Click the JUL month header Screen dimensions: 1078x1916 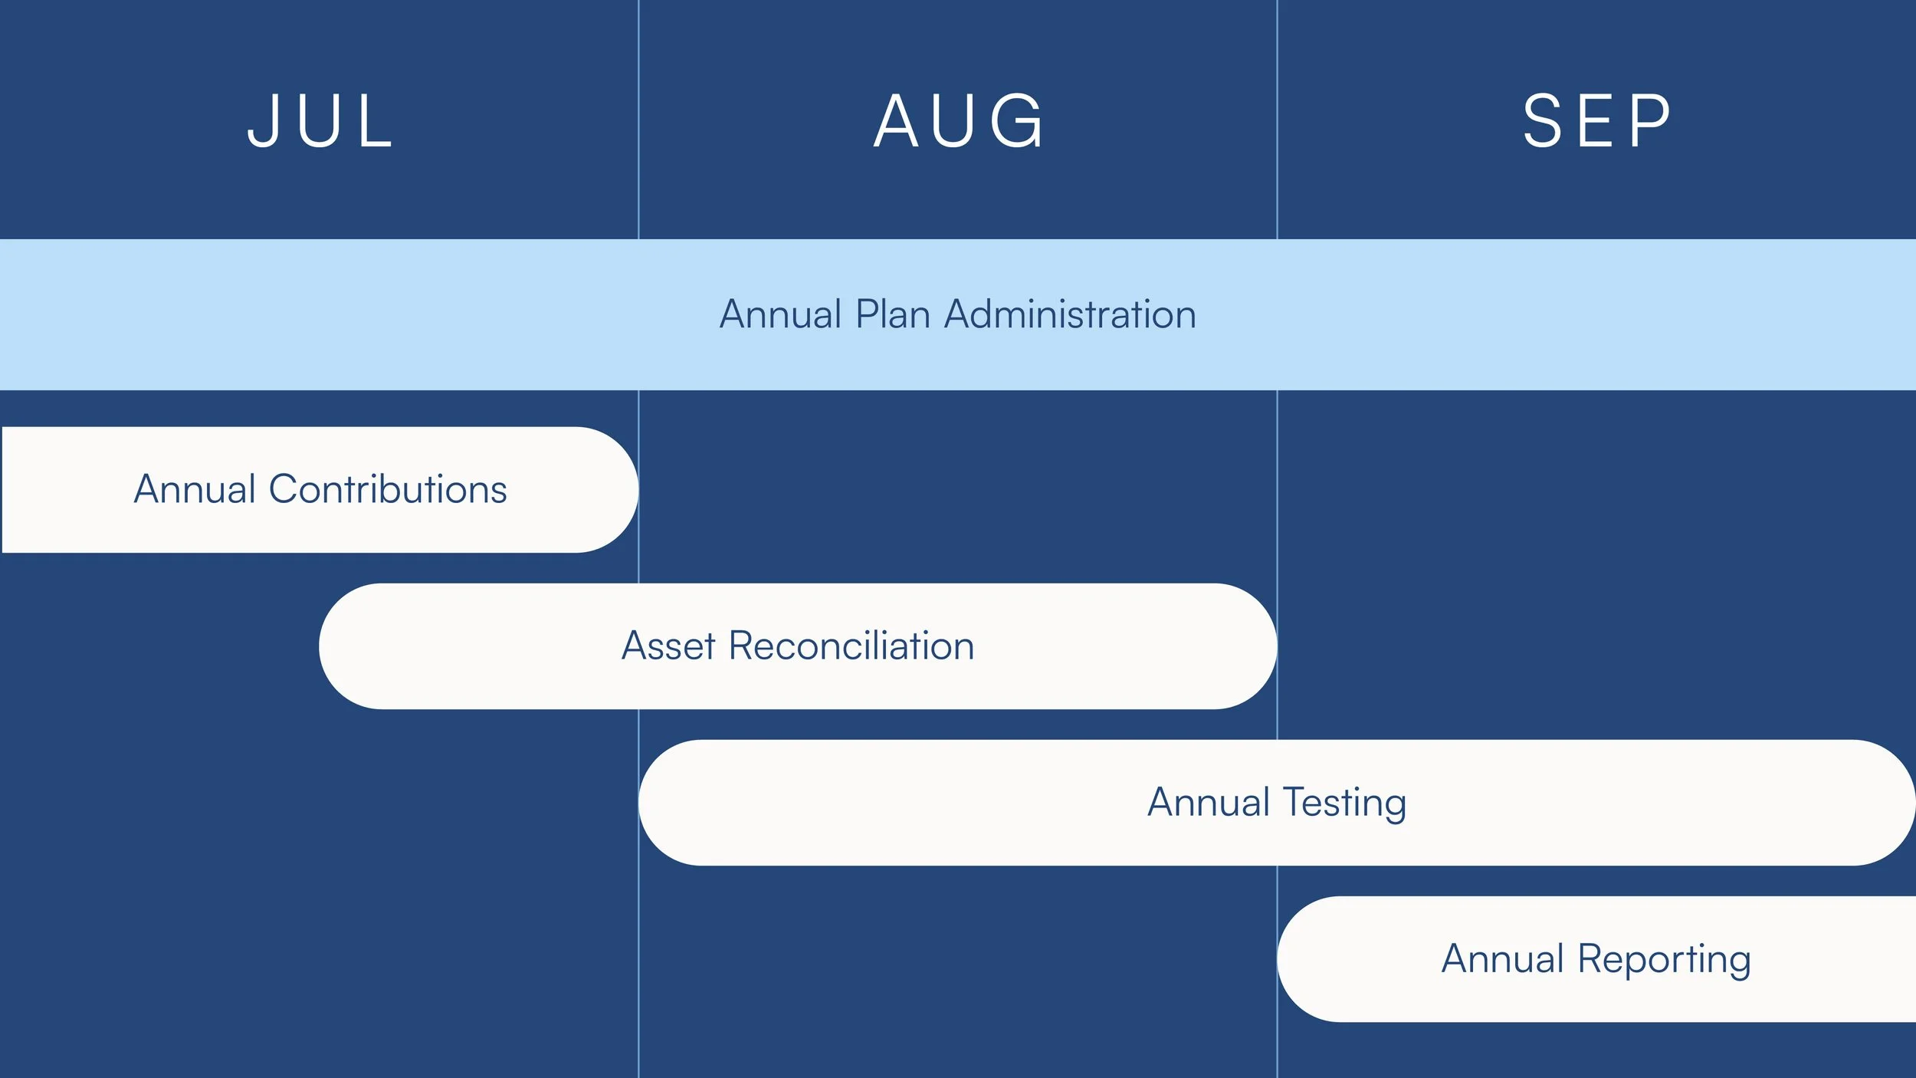[x=320, y=121]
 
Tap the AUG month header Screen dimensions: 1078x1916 [x=958, y=121]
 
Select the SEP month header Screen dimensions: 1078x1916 [x=1596, y=121]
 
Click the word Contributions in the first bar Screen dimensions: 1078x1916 [x=388, y=489]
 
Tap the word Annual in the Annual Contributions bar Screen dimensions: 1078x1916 [x=195, y=489]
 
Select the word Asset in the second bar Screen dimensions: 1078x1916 [x=668, y=646]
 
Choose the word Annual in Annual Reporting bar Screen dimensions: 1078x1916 [x=1502, y=958]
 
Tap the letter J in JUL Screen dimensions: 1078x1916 [x=263, y=121]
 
